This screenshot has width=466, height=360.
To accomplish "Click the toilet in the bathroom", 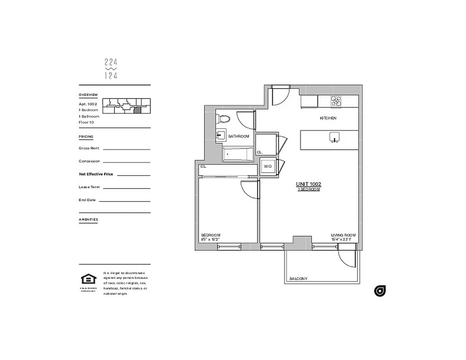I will [x=224, y=119].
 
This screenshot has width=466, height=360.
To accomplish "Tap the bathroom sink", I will [x=221, y=135].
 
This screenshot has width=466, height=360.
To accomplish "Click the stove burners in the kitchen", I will [x=336, y=101].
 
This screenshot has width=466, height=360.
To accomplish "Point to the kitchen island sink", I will [x=334, y=136].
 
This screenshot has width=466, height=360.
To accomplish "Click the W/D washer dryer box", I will [x=268, y=166].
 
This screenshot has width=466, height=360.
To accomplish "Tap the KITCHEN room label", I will [x=328, y=118].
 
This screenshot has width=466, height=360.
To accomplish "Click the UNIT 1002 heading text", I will [x=308, y=184].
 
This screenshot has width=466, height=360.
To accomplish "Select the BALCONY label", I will [x=298, y=279].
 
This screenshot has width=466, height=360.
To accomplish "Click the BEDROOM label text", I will [x=210, y=235].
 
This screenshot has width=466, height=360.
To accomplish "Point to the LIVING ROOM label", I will [x=343, y=235].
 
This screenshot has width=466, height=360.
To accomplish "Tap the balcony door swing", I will [x=347, y=258].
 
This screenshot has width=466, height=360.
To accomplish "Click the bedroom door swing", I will [x=249, y=189].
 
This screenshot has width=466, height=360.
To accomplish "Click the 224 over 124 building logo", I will [x=110, y=69].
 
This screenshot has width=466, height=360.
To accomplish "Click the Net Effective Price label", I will [x=96, y=174].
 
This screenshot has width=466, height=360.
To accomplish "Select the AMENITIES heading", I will [x=88, y=220].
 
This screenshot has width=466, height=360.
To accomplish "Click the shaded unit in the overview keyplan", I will [x=138, y=109].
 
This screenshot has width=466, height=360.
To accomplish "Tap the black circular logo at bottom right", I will [x=380, y=291].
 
